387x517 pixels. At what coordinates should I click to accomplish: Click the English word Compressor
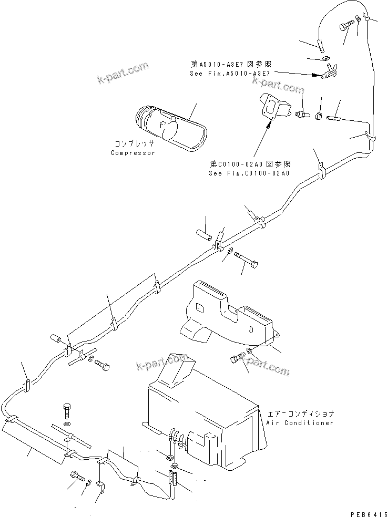click(133, 153)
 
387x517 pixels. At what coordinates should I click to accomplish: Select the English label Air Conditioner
click(300, 423)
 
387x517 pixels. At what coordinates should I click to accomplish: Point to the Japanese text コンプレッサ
click(133, 143)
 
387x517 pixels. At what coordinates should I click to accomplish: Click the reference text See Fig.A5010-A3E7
click(230, 74)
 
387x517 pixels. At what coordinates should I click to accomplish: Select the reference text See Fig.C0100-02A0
click(251, 173)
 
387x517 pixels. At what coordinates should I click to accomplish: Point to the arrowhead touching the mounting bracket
click(272, 125)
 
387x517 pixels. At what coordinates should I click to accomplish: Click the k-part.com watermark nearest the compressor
click(123, 74)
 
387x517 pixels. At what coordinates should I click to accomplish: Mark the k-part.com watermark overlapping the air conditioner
click(161, 362)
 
